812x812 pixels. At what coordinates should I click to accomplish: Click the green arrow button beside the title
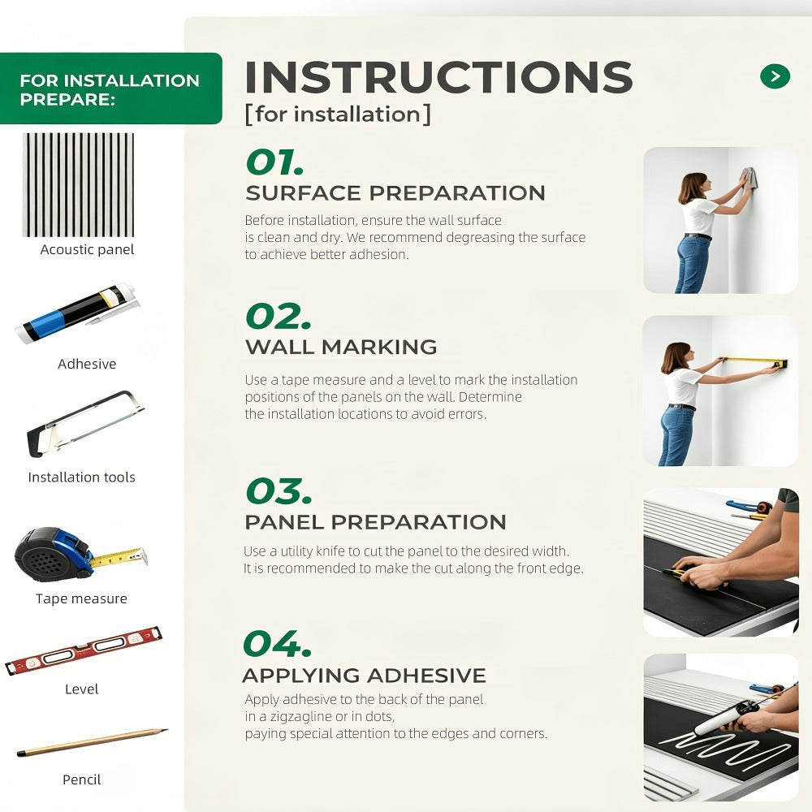click(775, 76)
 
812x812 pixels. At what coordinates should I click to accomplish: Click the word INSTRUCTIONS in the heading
click(438, 76)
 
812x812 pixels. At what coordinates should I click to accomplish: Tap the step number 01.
click(274, 162)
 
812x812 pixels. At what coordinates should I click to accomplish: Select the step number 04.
click(277, 644)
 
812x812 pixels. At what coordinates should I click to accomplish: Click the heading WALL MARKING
click(341, 347)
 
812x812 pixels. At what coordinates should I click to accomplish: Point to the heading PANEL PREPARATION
click(375, 522)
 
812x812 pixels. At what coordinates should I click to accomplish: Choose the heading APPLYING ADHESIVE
click(364, 676)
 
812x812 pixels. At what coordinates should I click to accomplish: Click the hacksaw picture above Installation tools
click(85, 424)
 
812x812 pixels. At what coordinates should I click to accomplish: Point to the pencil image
click(93, 743)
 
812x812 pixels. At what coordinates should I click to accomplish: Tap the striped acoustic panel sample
click(78, 185)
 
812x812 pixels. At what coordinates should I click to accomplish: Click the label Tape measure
click(81, 598)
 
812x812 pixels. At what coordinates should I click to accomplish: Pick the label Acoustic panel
click(87, 249)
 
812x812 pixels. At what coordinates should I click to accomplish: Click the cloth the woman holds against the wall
click(749, 178)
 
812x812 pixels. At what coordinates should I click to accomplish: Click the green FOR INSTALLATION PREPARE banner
click(110, 89)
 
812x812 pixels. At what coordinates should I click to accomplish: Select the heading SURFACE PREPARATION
click(395, 193)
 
